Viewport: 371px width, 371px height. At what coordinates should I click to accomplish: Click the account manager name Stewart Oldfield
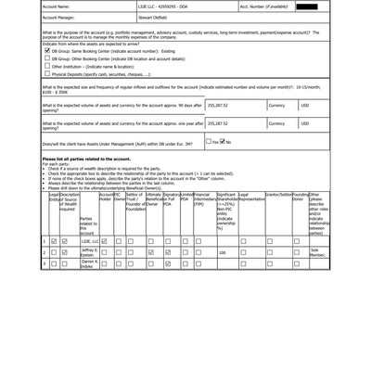pyautogui.click(x=168, y=18)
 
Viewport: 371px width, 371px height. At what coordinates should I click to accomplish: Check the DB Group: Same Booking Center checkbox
pyautogui.click(x=47, y=51)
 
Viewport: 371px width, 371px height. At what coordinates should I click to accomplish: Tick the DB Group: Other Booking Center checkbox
pyautogui.click(x=47, y=58)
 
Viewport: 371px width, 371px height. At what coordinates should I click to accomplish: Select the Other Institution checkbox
pyautogui.click(x=47, y=67)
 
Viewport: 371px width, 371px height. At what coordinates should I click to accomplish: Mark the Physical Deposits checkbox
pyautogui.click(x=47, y=74)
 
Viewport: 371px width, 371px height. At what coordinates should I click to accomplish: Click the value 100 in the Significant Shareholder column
pyautogui.click(x=222, y=252)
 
